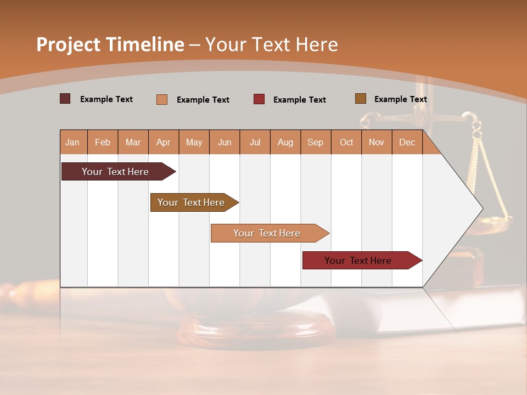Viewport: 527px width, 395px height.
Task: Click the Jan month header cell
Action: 73,142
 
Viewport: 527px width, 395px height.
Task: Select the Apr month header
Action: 164,142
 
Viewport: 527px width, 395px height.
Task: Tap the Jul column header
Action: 255,142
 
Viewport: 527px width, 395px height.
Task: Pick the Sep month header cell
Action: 316,142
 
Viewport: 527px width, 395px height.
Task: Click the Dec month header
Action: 407,142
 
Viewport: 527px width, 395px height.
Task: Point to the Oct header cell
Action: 346,142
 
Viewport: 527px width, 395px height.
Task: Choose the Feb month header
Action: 103,142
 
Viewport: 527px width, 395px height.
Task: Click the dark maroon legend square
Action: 65,99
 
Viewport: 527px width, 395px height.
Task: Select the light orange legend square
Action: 162,99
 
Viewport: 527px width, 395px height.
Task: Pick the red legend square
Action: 259,99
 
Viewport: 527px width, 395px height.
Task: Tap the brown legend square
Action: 361,99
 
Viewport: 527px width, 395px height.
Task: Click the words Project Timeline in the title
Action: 110,44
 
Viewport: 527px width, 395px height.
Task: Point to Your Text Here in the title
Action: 271,44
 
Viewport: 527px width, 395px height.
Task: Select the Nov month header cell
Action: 377,142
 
